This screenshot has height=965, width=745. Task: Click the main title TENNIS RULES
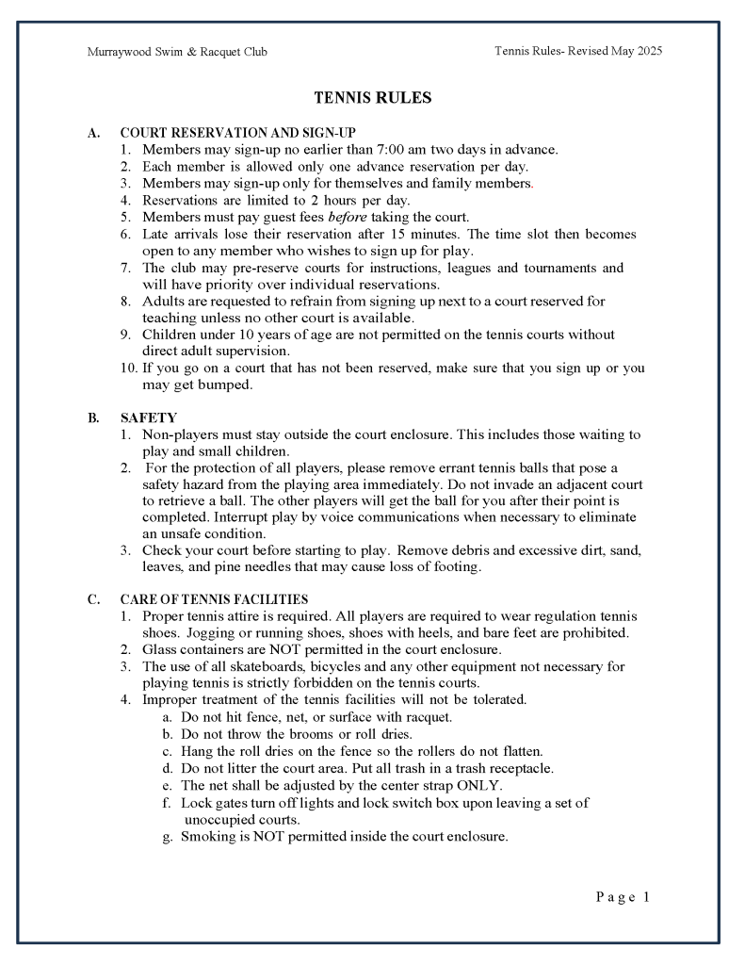tap(372, 98)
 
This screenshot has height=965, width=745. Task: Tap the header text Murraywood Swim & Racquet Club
tap(177, 52)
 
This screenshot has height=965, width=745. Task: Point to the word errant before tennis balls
tap(517, 467)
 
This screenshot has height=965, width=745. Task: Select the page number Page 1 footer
tap(623, 897)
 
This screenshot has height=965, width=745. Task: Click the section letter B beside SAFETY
tap(93, 417)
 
